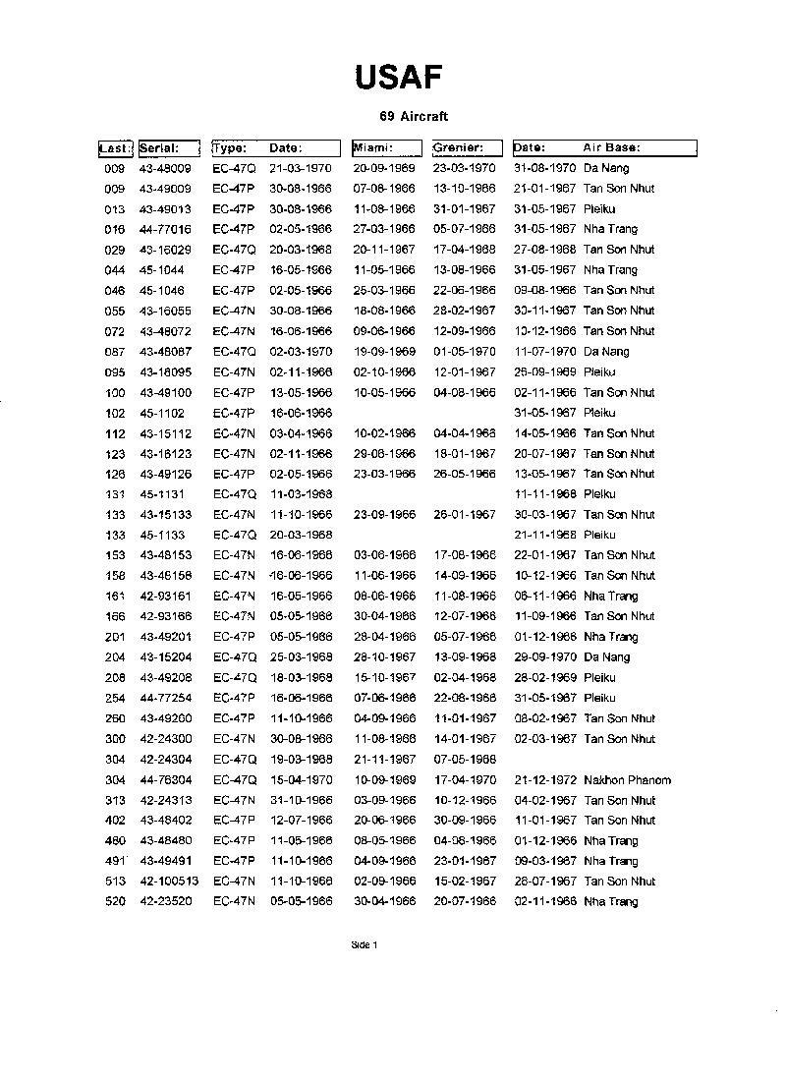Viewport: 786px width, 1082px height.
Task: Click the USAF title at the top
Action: click(398, 77)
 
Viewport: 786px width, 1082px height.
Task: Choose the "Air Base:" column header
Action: click(611, 148)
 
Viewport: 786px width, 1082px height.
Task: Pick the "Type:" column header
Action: click(230, 148)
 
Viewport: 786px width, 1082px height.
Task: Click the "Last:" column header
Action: click(114, 148)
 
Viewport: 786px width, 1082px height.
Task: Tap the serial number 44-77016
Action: click(165, 229)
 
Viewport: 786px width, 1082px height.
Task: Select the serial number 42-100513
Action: click(169, 882)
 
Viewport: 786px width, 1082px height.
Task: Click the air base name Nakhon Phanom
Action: click(627, 780)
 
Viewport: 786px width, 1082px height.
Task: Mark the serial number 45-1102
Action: click(161, 413)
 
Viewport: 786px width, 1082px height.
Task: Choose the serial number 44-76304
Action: click(165, 780)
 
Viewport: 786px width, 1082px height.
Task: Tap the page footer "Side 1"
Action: click(365, 945)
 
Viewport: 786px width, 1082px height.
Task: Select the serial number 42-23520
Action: click(165, 902)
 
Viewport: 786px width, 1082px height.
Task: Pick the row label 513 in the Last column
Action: click(115, 882)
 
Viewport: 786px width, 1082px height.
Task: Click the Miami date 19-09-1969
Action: click(384, 352)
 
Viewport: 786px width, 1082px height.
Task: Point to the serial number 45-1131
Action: click(161, 494)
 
